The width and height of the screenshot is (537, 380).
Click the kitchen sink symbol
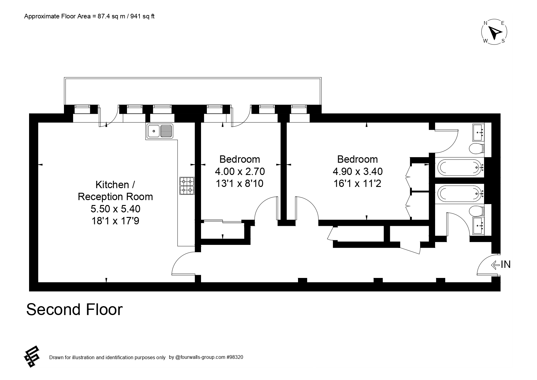[x=160, y=131]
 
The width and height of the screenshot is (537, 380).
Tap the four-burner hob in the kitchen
[x=187, y=186]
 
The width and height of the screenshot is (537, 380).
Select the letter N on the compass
[x=485, y=23]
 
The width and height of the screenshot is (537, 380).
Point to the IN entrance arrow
[x=495, y=264]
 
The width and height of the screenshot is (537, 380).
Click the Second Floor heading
[x=74, y=310]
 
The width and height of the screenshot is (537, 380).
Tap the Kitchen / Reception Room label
[x=115, y=191]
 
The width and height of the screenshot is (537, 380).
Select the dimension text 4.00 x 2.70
[x=240, y=171]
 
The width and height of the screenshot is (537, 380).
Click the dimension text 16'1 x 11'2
[x=357, y=184]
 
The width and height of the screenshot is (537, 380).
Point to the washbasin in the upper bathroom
[x=479, y=132]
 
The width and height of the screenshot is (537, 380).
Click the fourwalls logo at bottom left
[x=32, y=356]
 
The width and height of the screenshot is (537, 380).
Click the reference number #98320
[x=235, y=357]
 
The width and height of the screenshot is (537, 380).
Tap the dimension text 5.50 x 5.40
[x=115, y=209]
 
